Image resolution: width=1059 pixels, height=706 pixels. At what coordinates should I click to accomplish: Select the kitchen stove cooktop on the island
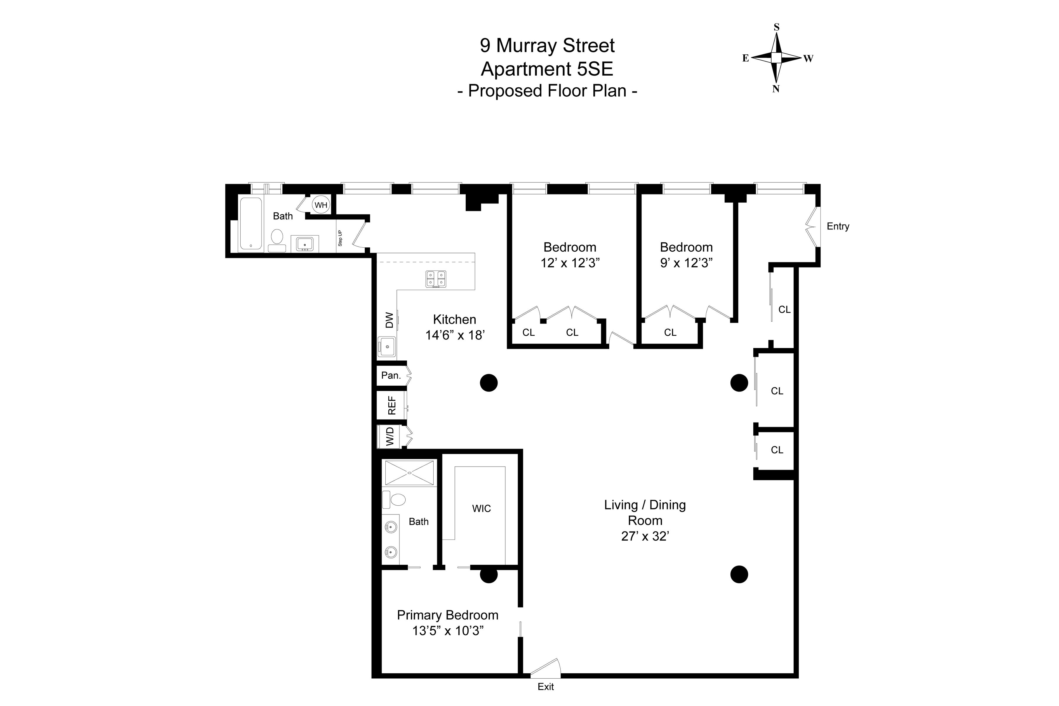[436, 279]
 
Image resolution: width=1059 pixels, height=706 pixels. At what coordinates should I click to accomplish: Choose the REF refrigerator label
[392, 405]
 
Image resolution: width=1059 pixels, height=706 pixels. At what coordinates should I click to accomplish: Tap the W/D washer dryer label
[390, 436]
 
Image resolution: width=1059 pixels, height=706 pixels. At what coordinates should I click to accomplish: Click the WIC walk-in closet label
[481, 508]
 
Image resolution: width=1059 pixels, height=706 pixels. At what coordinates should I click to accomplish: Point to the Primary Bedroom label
[447, 615]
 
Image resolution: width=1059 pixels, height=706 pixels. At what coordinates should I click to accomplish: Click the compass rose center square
[776, 58]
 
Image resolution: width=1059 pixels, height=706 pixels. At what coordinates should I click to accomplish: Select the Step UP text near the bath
[340, 238]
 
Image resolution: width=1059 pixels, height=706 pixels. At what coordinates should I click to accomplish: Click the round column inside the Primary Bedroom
[489, 575]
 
